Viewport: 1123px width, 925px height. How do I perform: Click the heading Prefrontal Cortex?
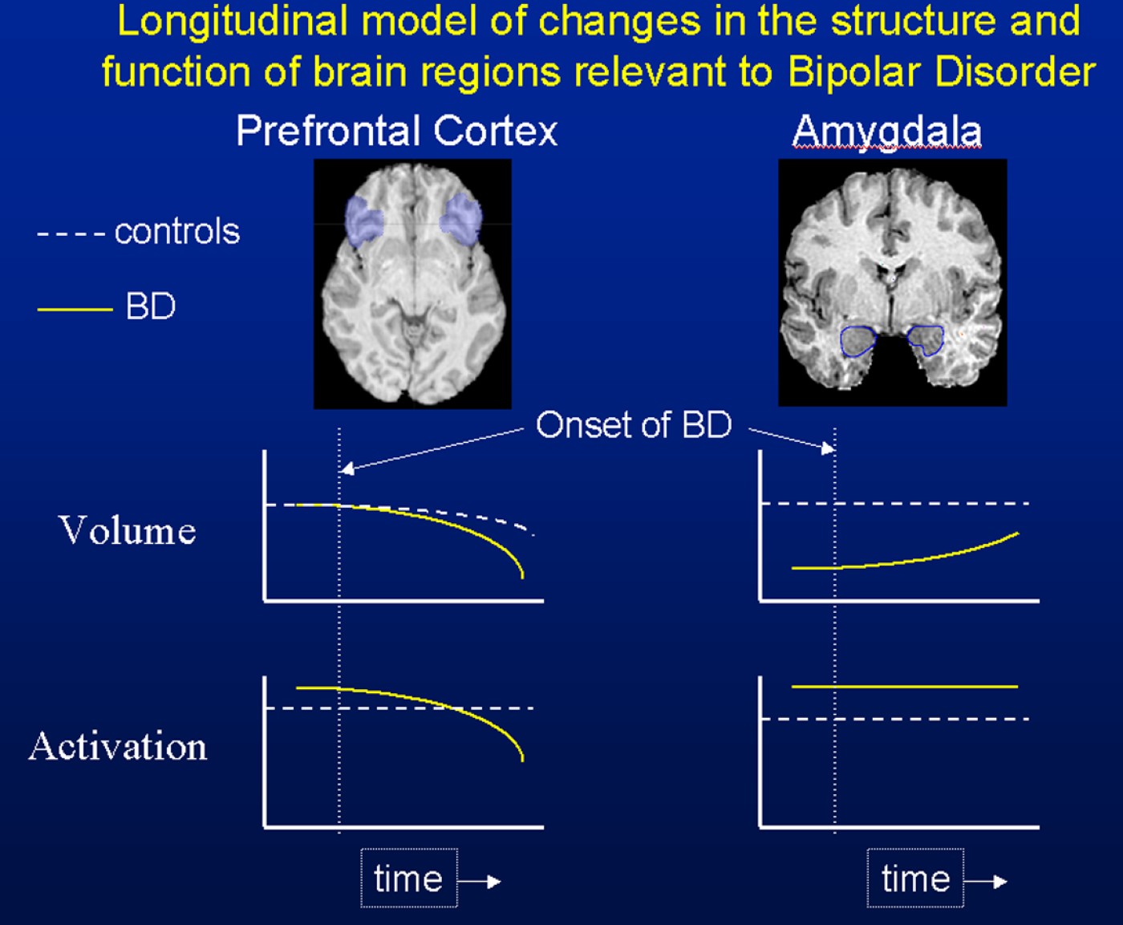tap(396, 131)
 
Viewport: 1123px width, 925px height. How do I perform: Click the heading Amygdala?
tap(886, 131)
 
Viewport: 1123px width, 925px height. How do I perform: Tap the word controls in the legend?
tap(176, 232)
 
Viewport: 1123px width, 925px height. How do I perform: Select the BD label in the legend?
tap(150, 306)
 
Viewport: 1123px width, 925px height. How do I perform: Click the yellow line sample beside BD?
tap(75, 308)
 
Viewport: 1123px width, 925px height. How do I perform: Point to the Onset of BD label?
tap(633, 425)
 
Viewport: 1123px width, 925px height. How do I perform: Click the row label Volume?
tap(128, 531)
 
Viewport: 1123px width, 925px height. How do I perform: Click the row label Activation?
tap(118, 747)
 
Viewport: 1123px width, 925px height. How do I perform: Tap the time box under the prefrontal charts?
tap(408, 878)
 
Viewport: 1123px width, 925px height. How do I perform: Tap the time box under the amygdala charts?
tap(915, 878)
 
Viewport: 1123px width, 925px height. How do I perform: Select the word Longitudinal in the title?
tap(233, 21)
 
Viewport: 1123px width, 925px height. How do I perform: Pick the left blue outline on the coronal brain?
tap(857, 341)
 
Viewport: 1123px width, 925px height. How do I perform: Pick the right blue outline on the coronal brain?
tap(926, 339)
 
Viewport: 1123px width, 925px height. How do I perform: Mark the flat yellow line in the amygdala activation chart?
tap(904, 687)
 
